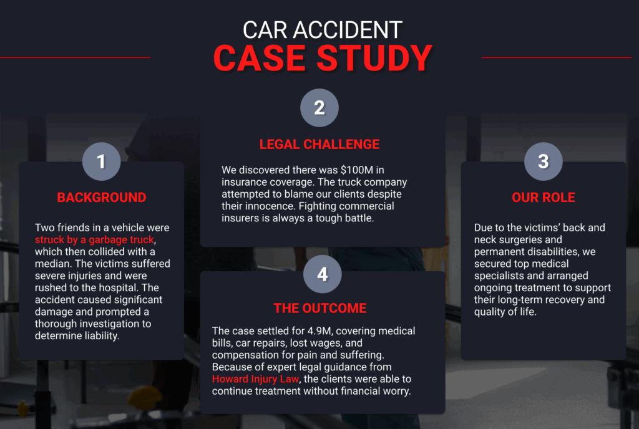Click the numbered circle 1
[101, 161]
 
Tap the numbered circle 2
[319, 108]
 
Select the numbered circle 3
[543, 161]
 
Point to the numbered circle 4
[322, 274]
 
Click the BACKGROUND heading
[101, 198]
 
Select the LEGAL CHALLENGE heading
[319, 144]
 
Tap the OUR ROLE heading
[543, 198]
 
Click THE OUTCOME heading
[320, 308]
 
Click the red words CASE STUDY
[323, 58]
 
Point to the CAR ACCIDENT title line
[323, 29]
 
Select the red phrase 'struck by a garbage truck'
[94, 239]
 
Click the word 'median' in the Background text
[53, 264]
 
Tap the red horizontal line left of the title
[75, 57]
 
